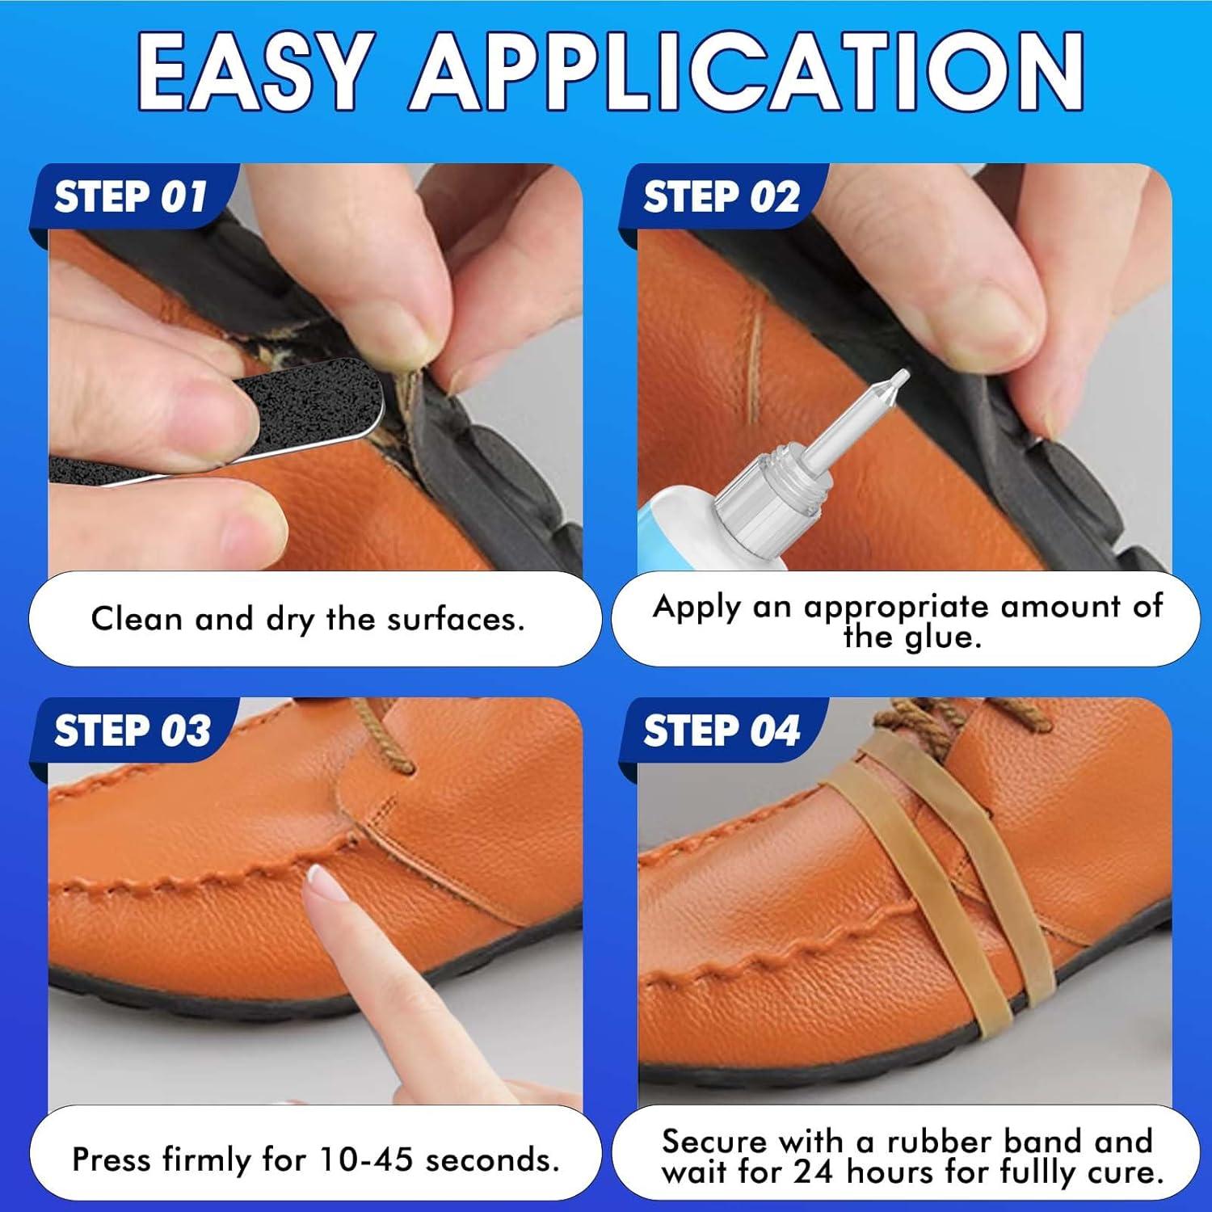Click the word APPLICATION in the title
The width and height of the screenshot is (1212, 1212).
coord(747,71)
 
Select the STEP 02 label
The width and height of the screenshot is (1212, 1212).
coord(721,197)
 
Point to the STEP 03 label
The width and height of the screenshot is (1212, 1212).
coord(133,731)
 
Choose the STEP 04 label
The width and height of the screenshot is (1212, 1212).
coord(721,731)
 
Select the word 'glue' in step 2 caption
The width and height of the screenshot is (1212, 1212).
coord(942,638)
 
